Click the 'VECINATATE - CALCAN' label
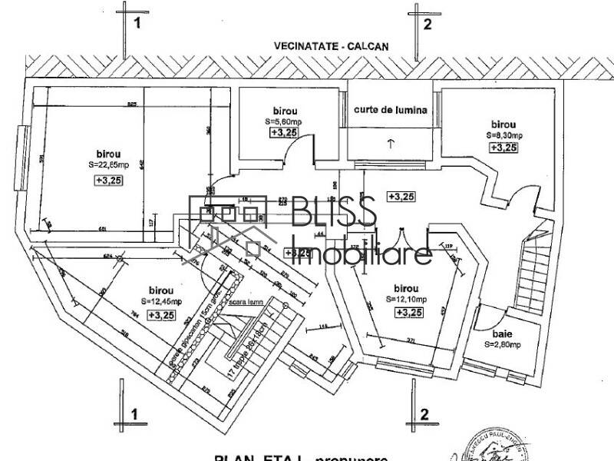pyautogui.click(x=332, y=46)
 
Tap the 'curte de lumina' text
pyautogui.click(x=390, y=111)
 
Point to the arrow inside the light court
pyautogui.click(x=391, y=143)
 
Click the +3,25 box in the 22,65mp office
pyautogui.click(x=109, y=180)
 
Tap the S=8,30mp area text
pyautogui.click(x=503, y=135)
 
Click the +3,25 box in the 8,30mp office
pyautogui.click(x=503, y=148)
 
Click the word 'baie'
pyautogui.click(x=503, y=334)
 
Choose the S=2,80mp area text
pyautogui.click(x=503, y=346)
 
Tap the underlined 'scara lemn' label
pyautogui.click(x=248, y=303)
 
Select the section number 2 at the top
pyautogui.click(x=427, y=24)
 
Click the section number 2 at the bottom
pyautogui.click(x=424, y=414)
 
